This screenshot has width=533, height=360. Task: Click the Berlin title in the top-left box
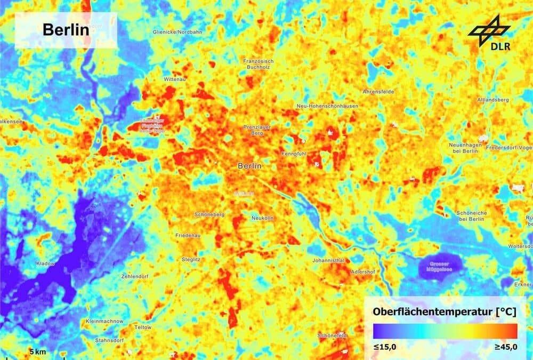tap(66, 30)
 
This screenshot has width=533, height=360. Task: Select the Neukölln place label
tap(262, 218)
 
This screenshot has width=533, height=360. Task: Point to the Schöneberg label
tap(209, 214)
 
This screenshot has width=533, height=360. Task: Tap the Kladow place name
tap(45, 263)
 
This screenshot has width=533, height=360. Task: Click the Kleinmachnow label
tap(104, 322)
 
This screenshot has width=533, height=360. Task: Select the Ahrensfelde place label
tap(378, 92)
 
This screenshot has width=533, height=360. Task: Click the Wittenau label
tap(173, 79)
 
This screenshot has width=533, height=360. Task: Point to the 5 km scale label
tap(38, 353)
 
